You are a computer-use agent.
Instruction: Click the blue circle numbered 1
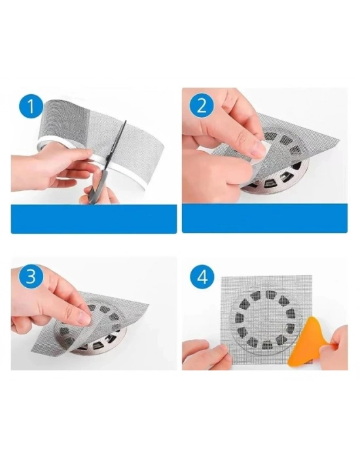point(30,107)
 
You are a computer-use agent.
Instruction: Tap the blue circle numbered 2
point(202,107)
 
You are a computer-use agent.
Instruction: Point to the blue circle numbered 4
point(202,277)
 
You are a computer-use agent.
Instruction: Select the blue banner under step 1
point(94,219)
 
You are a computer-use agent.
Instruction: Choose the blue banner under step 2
point(264,218)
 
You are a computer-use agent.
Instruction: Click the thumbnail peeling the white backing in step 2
point(259,149)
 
